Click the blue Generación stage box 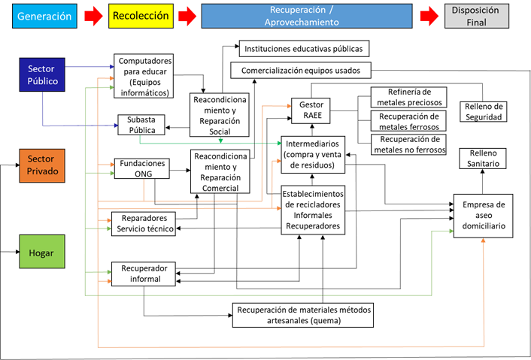point(44,16)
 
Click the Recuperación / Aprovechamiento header point(307,16)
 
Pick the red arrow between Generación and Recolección point(93,16)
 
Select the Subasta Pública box point(141,125)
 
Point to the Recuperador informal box point(143,274)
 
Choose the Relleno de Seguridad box point(483,111)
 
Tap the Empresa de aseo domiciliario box point(484,215)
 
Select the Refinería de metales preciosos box point(408,97)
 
